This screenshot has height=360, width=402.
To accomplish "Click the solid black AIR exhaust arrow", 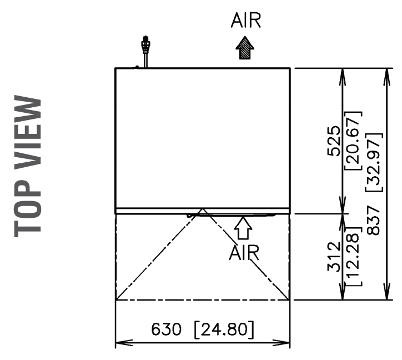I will (x=245, y=49).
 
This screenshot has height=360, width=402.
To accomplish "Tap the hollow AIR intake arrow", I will (x=243, y=228).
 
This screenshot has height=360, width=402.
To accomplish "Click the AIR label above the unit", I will (x=245, y=21).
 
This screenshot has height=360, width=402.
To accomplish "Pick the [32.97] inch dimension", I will (x=374, y=162).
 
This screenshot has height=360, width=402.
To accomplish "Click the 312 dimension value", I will (x=334, y=256).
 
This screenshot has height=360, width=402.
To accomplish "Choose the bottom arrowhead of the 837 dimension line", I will (x=386, y=294).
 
